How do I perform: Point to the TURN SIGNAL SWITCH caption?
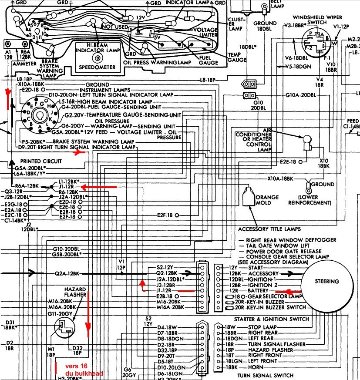[265, 375]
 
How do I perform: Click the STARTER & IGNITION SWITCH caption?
[272, 319]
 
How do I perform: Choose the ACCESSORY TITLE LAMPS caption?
[269, 229]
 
